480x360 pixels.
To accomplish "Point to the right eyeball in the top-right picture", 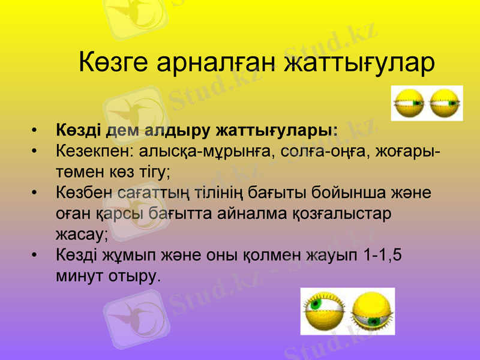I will tap(445, 103).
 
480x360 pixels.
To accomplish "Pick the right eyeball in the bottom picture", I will tap(372, 311).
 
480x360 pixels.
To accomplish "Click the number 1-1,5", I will tap(383, 256).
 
